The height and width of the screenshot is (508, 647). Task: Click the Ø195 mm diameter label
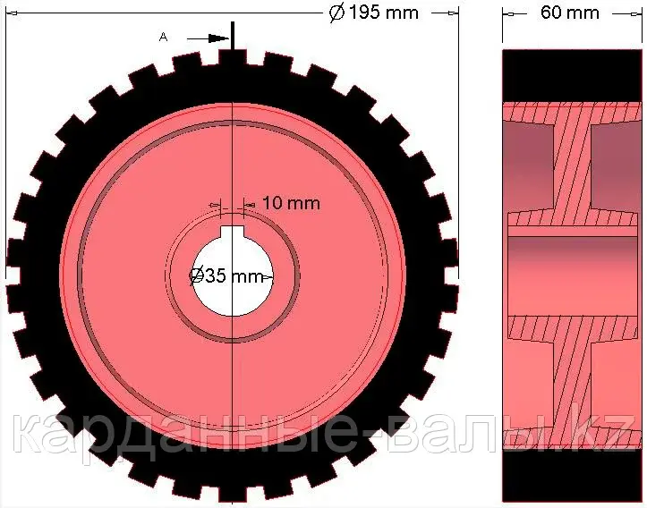click(374, 13)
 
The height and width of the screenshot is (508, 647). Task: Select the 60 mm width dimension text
click(570, 13)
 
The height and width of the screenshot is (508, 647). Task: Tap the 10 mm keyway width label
click(292, 203)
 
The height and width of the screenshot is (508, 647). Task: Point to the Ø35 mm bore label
click(226, 275)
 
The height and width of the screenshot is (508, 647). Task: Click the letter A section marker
click(164, 37)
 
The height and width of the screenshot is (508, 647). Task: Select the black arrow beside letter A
click(208, 38)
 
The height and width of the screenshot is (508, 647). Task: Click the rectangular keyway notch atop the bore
click(233, 233)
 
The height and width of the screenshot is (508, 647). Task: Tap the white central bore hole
click(233, 275)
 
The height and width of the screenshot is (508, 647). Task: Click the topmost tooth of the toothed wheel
click(233, 57)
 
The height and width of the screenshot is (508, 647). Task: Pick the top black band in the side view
click(573, 75)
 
